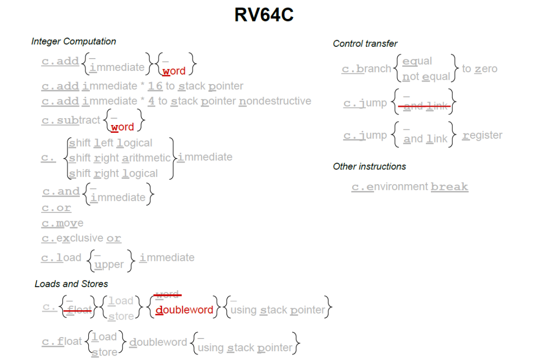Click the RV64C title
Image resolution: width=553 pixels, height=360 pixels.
click(264, 15)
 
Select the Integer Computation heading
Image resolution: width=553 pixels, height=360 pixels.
click(73, 42)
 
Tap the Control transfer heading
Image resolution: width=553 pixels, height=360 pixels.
click(365, 43)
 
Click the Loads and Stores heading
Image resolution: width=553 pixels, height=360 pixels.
click(71, 284)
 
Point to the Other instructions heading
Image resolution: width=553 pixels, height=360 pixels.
click(369, 167)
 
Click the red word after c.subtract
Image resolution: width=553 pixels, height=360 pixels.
click(122, 127)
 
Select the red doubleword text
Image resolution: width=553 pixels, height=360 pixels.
click(184, 310)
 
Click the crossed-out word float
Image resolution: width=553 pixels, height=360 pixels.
click(79, 310)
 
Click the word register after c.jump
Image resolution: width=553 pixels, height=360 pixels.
click(482, 135)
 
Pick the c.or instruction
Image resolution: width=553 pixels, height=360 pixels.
click(56, 208)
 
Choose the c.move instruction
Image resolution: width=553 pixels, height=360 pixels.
click(63, 223)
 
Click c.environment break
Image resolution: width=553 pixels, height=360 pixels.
click(410, 187)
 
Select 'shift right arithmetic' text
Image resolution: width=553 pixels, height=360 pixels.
click(120, 158)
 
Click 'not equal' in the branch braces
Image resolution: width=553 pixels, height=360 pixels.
click(426, 77)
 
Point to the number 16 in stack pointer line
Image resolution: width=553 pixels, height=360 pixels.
click(155, 86)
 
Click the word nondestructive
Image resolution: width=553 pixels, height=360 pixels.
click(275, 101)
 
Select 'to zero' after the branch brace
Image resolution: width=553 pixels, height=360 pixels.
click(479, 69)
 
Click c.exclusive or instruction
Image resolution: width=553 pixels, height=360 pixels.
click(81, 238)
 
